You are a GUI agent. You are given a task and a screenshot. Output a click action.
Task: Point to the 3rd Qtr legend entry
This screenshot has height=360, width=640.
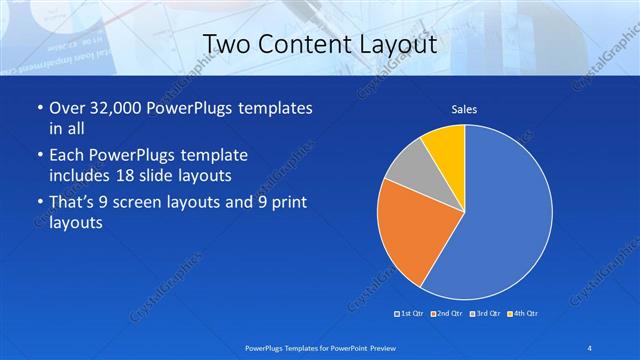pos(484,315)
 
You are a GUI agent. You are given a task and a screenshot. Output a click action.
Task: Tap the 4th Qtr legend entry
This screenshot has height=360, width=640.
pos(522,315)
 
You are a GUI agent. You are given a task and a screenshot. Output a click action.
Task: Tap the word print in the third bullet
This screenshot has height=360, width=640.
pos(287,204)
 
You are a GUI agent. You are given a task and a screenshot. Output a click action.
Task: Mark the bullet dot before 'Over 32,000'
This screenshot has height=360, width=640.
pos(38,108)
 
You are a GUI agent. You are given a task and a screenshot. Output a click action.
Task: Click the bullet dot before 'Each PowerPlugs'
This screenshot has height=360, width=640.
pos(38,156)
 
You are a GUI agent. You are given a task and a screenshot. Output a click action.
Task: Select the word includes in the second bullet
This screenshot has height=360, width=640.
pos(81,175)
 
